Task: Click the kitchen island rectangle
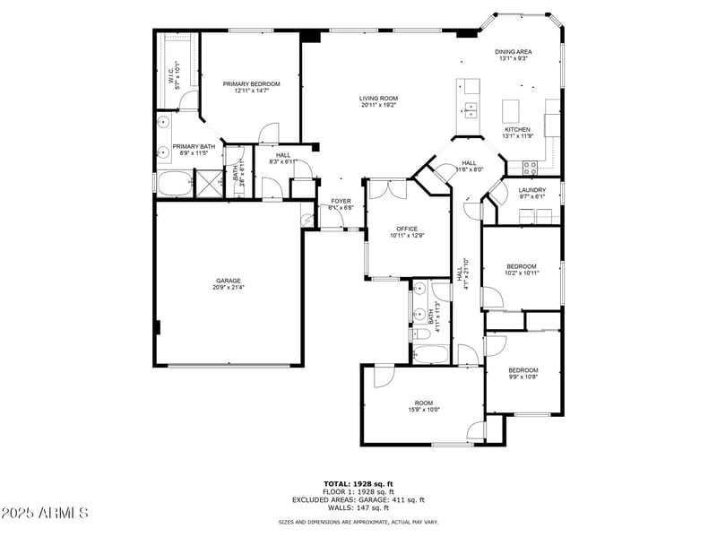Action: [x=513, y=111]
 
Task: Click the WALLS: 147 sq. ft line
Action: [x=358, y=507]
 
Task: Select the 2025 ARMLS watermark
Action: [x=45, y=513]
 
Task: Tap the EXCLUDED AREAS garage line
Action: [x=358, y=499]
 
